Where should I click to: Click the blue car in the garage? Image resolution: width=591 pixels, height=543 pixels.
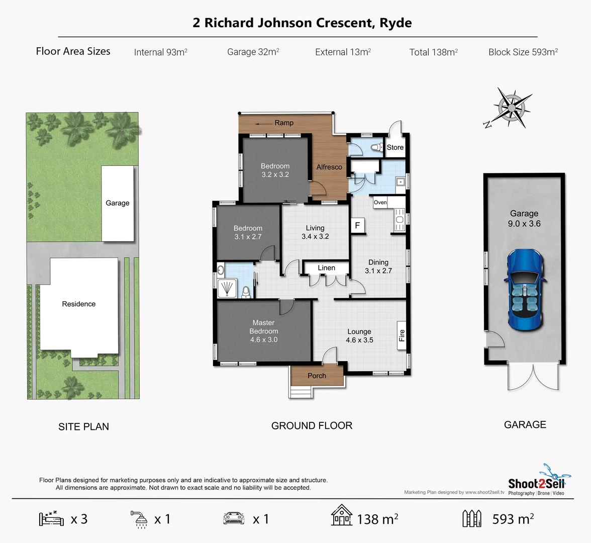pyautogui.click(x=525, y=290)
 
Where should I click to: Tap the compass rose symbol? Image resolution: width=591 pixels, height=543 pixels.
pyautogui.click(x=511, y=107)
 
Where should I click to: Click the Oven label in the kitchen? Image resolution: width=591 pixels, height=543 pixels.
pyautogui.click(x=380, y=202)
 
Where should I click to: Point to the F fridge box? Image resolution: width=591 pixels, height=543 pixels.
pyautogui.click(x=357, y=225)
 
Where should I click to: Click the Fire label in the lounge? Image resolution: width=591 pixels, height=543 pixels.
pyautogui.click(x=402, y=335)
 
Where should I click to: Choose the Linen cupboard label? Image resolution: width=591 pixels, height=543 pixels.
pyautogui.click(x=326, y=268)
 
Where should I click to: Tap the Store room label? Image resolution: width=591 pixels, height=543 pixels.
pyautogui.click(x=395, y=147)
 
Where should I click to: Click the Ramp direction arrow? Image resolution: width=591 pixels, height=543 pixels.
pyautogui.click(x=262, y=123)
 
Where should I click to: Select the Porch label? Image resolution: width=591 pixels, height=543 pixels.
pyautogui.click(x=317, y=376)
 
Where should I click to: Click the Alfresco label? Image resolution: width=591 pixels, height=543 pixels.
pyautogui.click(x=329, y=167)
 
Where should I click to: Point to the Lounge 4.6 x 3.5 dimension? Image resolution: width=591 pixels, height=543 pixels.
pyautogui.click(x=359, y=340)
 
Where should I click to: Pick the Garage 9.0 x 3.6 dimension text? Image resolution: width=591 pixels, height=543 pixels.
pyautogui.click(x=524, y=224)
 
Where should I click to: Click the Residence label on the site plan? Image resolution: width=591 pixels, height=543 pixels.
pyautogui.click(x=78, y=304)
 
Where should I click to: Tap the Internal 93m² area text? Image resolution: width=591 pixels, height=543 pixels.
pyautogui.click(x=160, y=52)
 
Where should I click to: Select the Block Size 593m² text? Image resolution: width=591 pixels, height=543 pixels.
pyautogui.click(x=523, y=52)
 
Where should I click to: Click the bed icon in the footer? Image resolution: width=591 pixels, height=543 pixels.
pyautogui.click(x=51, y=518)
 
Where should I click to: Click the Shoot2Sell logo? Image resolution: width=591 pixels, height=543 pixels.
pyautogui.click(x=536, y=482)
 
